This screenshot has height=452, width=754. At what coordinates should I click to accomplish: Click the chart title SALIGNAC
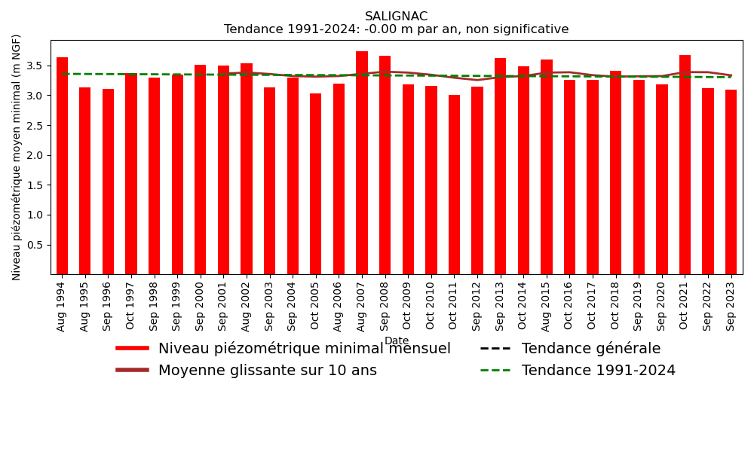tap(396, 17)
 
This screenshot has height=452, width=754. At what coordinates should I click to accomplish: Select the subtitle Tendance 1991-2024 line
tap(396, 30)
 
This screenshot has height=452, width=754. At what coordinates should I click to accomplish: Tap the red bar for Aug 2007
tap(362, 163)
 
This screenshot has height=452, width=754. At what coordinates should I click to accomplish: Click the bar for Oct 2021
tap(685, 164)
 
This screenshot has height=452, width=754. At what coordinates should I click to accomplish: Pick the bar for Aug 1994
tap(62, 166)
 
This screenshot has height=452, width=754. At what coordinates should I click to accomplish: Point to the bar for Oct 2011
tap(454, 185)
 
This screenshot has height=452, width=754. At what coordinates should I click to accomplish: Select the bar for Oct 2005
tap(316, 184)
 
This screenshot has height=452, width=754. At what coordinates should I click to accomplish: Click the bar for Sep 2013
tap(501, 166)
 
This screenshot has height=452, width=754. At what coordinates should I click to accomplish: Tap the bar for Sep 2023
tap(731, 182)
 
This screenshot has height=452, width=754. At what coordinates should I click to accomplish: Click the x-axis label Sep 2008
tap(385, 305)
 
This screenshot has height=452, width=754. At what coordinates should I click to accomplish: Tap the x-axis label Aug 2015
tap(547, 305)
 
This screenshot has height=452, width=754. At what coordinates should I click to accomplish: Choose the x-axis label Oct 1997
tap(131, 305)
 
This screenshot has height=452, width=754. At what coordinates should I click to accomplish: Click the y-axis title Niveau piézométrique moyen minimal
tap(17, 157)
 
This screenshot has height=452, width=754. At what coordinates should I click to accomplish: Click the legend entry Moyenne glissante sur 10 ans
tap(267, 371)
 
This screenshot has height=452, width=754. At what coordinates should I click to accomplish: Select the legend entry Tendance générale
tap(590, 349)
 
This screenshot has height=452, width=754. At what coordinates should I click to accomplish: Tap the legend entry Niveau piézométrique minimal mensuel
tap(304, 349)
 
